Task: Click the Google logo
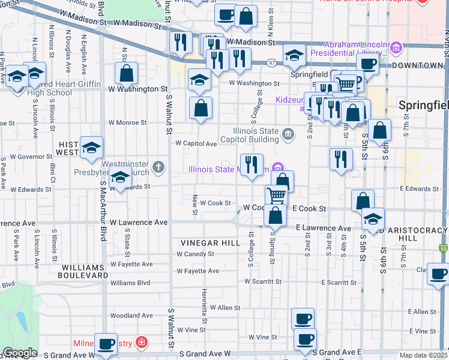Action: (20, 353)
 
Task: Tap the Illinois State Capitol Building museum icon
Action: (288, 133)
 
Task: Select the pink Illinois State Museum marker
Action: (277, 168)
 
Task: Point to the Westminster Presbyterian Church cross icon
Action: (158, 166)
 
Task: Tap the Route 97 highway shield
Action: (272, 63)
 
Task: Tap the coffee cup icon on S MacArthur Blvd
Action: (106, 344)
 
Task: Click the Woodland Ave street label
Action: (131, 315)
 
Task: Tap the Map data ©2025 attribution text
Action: (423, 355)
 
